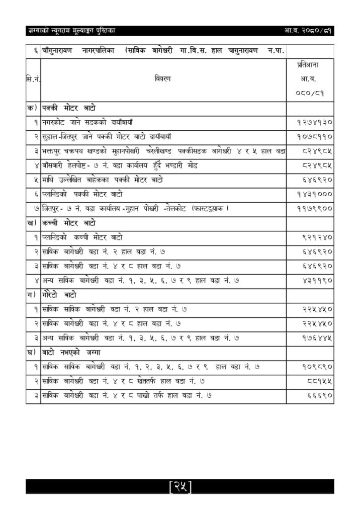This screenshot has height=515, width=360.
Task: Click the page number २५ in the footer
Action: tap(181, 486)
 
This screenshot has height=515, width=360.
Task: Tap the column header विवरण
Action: tap(163, 79)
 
